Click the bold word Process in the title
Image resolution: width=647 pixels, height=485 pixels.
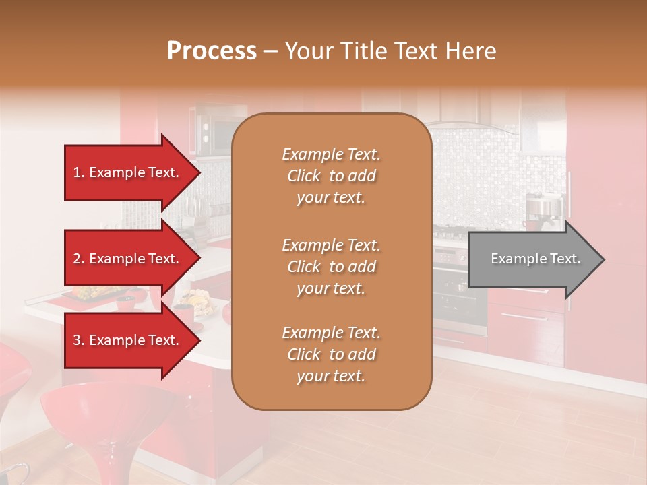[x=212, y=51]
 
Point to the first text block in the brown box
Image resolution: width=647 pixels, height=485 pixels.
[x=331, y=176]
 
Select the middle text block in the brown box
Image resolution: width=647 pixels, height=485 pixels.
[x=331, y=267]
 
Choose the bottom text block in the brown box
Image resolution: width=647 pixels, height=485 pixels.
[x=331, y=354]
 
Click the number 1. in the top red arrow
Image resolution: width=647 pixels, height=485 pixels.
[x=79, y=172]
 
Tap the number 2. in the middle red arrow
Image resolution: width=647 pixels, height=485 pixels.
[x=79, y=259]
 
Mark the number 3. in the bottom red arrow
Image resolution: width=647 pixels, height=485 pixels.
[x=79, y=340]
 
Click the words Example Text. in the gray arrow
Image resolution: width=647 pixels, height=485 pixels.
[x=536, y=259]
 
